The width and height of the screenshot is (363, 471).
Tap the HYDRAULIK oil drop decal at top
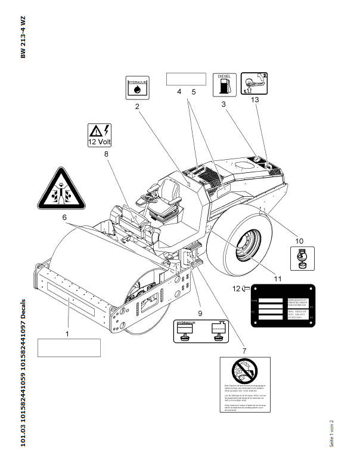click(138, 88)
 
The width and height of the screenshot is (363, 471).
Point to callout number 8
click(106, 154)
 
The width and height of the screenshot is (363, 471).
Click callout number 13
click(255, 100)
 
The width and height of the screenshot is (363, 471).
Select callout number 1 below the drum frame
click(67, 334)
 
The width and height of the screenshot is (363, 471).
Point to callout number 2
click(136, 107)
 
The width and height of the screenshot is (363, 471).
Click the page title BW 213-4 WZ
click(23, 37)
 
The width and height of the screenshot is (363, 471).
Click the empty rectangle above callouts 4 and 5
click(185, 79)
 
